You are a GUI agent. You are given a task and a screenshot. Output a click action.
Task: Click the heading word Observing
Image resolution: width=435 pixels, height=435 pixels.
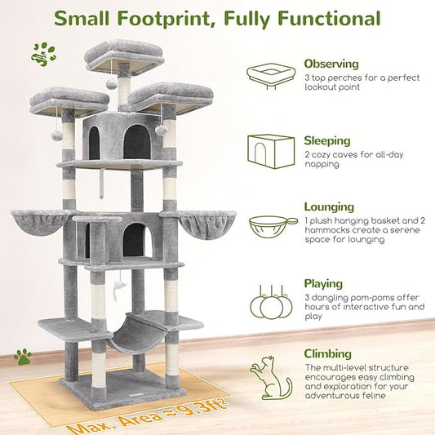pyautogui.click(x=331, y=63)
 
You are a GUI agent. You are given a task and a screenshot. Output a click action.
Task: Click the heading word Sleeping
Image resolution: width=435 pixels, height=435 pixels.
pyautogui.click(x=327, y=140)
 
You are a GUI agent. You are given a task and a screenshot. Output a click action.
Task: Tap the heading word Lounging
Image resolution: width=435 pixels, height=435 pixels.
pyautogui.click(x=329, y=207)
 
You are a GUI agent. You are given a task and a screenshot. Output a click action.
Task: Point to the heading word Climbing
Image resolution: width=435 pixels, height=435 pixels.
pyautogui.click(x=328, y=354)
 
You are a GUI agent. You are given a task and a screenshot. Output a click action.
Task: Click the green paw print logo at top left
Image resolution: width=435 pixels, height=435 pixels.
pyautogui.click(x=42, y=55)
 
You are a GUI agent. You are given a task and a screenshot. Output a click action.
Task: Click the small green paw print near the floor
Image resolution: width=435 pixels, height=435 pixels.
pyautogui.click(x=22, y=356)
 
